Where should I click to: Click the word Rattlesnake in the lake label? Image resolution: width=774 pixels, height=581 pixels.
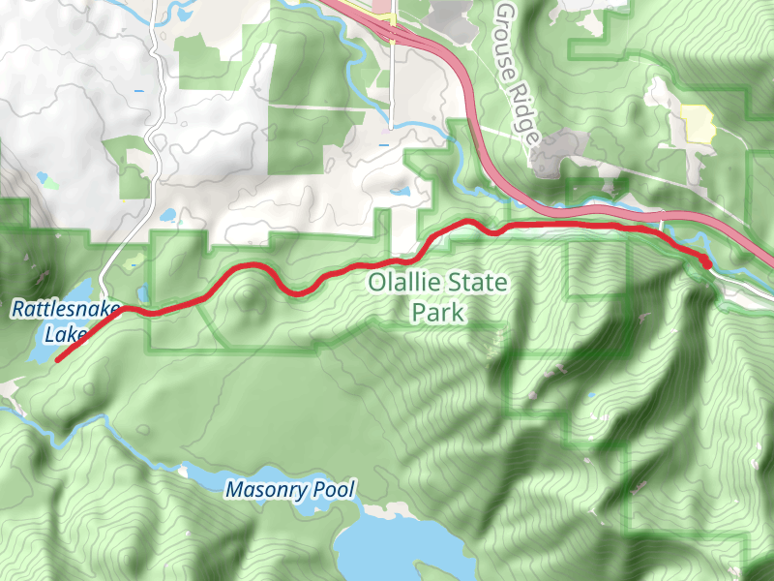[x=65, y=310]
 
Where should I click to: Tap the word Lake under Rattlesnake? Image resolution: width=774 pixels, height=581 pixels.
[x=65, y=335]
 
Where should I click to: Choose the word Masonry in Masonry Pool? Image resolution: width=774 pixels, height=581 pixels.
[x=266, y=490]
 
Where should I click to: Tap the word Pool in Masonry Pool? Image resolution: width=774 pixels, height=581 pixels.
[x=334, y=490]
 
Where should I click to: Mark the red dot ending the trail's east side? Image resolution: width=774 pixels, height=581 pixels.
[x=706, y=262]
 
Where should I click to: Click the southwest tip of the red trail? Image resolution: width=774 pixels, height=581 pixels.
[x=57, y=360]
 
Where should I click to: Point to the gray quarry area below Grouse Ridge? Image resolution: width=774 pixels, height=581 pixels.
[x=551, y=155]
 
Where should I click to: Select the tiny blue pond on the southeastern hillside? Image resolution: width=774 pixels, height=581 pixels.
[x=591, y=395]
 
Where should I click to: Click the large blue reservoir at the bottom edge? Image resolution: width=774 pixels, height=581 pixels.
[x=387, y=542]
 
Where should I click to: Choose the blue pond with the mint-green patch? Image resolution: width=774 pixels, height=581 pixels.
[x=44, y=178]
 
